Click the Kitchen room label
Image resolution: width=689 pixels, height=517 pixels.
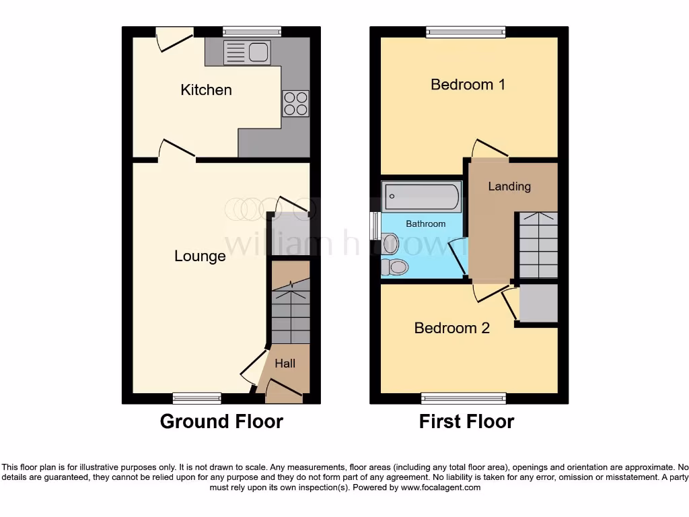click(x=206, y=90)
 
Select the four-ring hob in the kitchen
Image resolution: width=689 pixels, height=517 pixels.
click(x=295, y=103)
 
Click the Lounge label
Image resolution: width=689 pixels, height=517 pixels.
click(x=200, y=256)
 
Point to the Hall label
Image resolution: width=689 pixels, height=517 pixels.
click(x=285, y=364)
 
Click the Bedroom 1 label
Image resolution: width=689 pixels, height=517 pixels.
click(x=468, y=84)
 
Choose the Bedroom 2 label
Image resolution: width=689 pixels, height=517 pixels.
click(x=451, y=328)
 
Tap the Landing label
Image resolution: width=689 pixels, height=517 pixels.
click(x=509, y=186)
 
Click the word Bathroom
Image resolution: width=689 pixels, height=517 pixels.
click(x=425, y=223)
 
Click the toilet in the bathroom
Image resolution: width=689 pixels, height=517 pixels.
click(x=395, y=267)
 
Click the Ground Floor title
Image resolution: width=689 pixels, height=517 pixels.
click(x=221, y=421)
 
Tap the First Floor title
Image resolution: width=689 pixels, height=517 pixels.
click(x=466, y=421)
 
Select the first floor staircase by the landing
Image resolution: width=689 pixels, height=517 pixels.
click(x=537, y=245)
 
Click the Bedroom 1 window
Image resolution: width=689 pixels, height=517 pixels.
click(x=466, y=31)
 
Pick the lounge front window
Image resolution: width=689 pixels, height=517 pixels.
click(x=196, y=398)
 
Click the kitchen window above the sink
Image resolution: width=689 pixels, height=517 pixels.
click(x=252, y=31)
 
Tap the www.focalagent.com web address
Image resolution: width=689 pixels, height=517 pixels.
click(x=441, y=487)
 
